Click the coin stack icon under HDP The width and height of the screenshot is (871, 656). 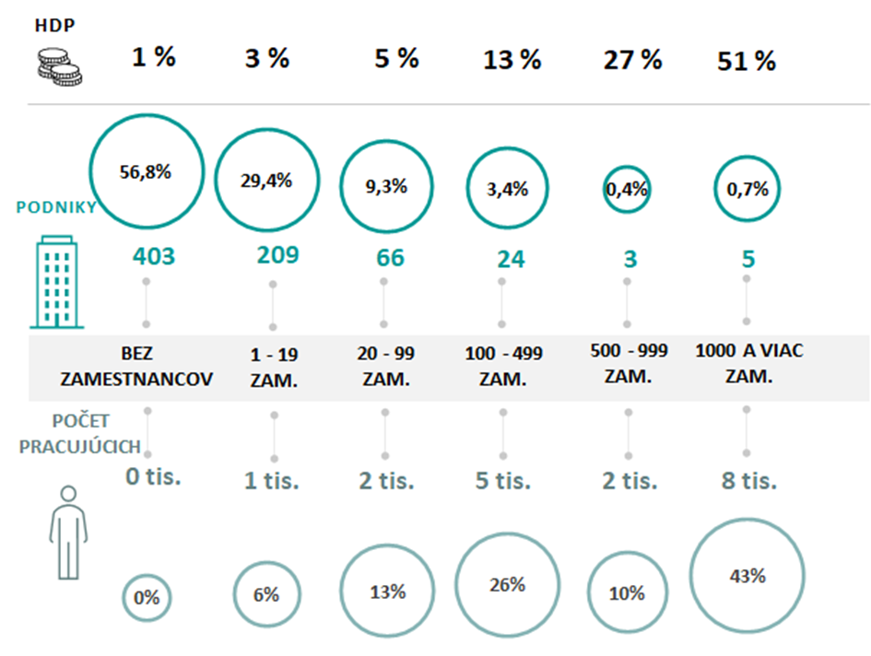coord(58,65)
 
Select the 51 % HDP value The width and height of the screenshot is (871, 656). coord(747,62)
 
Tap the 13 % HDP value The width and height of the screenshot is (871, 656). coord(512,61)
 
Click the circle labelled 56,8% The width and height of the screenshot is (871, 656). coord(146,171)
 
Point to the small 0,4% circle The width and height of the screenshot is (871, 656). coord(627,190)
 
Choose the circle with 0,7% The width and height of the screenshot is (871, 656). coord(747,189)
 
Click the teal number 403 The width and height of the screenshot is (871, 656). coord(153,256)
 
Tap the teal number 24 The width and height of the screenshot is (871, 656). coord(511,260)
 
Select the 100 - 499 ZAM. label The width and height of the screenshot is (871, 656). coord(503,365)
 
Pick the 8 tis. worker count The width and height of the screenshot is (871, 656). coord(747,480)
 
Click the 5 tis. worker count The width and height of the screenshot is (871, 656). coord(502,480)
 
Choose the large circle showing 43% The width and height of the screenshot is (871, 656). coord(747,577)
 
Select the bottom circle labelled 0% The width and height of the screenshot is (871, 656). coord(147,597)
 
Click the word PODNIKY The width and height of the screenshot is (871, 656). coord(56,207)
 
